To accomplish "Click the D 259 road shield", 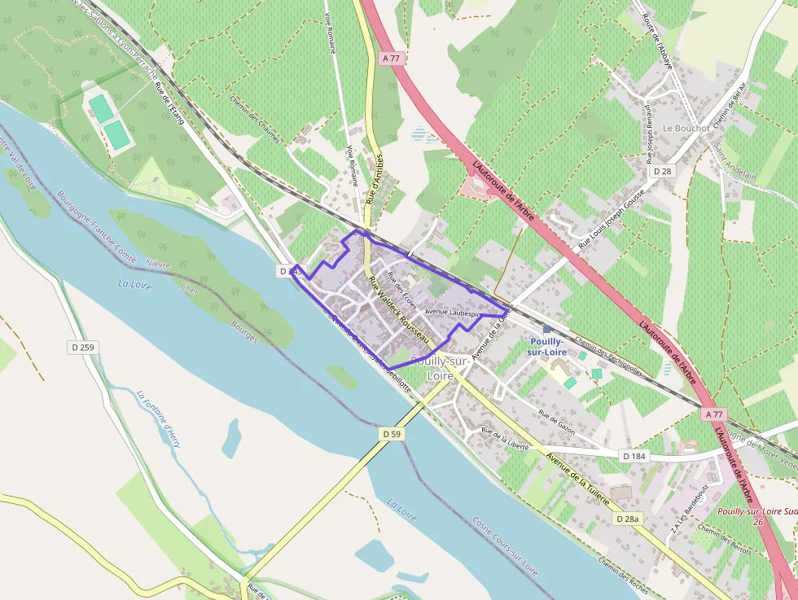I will coord(81,348).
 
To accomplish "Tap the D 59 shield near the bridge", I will coord(392,435).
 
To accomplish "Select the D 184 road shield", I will coord(634,456).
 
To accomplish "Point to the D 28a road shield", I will coord(627,519).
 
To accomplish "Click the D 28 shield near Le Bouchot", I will coord(662,171).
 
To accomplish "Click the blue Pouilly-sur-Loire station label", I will coord(546,346).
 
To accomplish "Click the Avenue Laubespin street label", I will coord(452,312).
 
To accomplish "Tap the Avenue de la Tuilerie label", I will coord(577,479).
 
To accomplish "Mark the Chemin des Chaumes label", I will coord(255,120).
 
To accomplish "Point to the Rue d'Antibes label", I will coord(375,178).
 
